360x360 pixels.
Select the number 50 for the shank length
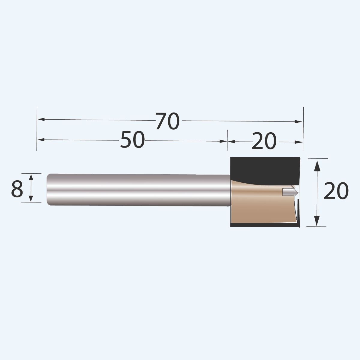tap(132, 140)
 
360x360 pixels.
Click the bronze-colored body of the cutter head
tap(258, 207)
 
